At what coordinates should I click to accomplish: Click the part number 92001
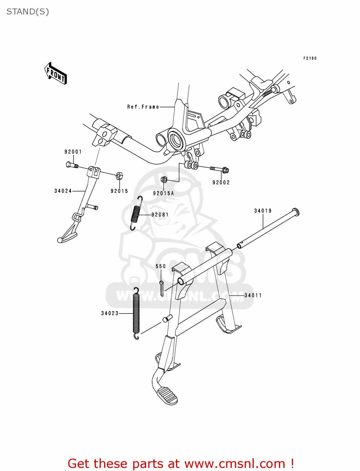pyautogui.click(x=73, y=152)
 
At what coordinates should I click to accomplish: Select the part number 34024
pyautogui.click(x=63, y=191)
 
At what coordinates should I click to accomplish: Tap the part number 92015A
pyautogui.click(x=163, y=193)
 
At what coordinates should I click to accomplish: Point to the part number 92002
pyautogui.click(x=221, y=182)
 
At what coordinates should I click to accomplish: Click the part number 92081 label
pyautogui.click(x=160, y=215)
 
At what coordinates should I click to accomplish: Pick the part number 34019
pyautogui.click(x=263, y=211)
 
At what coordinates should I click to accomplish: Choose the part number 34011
pyautogui.click(x=253, y=295)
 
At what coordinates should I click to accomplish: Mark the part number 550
pyautogui.click(x=161, y=266)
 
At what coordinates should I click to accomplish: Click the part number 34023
pyautogui.click(x=110, y=313)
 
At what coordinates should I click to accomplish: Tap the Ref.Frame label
pyautogui.click(x=143, y=107)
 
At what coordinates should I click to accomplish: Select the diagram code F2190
pyautogui.click(x=310, y=58)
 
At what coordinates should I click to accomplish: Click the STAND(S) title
pyautogui.click(x=28, y=12)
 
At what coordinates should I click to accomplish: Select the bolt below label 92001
pyautogui.click(x=72, y=165)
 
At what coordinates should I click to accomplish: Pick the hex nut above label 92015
pyautogui.click(x=119, y=176)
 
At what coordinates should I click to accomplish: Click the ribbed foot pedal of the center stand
pyautogui.click(x=167, y=395)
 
